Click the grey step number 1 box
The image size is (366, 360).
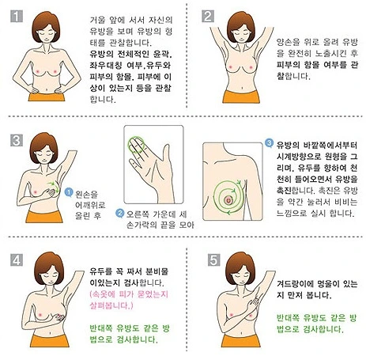click(17, 17)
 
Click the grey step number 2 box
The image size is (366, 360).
click(208, 17)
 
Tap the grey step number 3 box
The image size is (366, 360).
click(17, 140)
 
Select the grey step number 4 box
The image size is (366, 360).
click(17, 260)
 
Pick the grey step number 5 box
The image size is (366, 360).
click(213, 260)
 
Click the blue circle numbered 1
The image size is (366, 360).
click(69, 192)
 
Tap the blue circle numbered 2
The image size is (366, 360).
click(120, 213)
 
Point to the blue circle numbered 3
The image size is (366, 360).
click(269, 143)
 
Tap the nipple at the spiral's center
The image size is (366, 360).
click(228, 200)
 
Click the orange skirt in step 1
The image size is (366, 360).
click(47, 97)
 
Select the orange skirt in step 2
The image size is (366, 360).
click(241, 97)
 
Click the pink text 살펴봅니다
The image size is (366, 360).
click(111, 305)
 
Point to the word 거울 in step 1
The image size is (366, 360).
click(97, 20)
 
